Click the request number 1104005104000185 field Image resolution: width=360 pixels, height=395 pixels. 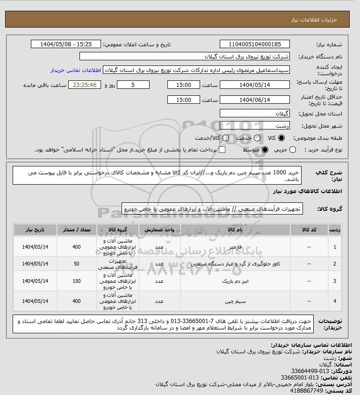click(255, 44)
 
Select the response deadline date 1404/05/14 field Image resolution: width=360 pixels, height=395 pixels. click(255, 85)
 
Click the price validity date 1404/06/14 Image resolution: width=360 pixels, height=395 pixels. click(255, 100)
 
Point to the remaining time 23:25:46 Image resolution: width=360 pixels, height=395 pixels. click(85, 85)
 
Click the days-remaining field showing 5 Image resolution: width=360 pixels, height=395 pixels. click(133, 85)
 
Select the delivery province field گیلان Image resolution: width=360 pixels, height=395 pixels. click(255, 114)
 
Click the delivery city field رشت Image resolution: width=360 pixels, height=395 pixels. click(255, 125)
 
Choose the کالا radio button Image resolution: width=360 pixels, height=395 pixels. click(281, 138)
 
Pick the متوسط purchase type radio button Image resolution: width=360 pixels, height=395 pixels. click(265, 150)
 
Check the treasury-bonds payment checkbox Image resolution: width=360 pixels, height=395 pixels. click(222, 150)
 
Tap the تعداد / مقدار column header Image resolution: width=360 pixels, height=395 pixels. click(77, 230)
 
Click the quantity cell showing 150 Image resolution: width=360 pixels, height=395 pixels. click(77, 281)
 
